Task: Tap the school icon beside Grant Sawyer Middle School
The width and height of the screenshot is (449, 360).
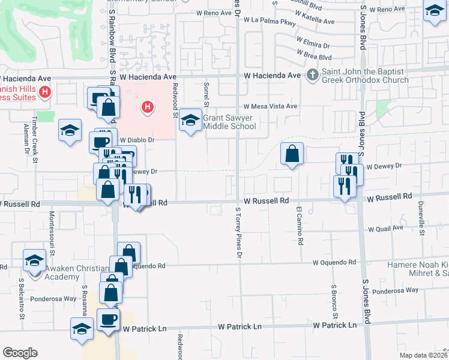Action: (x=191, y=121)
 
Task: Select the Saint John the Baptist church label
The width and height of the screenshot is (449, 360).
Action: (x=365, y=76)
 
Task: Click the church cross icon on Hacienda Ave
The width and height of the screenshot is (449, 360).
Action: (x=312, y=76)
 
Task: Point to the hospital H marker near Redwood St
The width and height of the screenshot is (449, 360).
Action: (x=147, y=107)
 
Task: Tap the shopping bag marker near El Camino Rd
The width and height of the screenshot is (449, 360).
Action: (x=291, y=154)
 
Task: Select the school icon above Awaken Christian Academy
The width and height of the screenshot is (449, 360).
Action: (x=35, y=261)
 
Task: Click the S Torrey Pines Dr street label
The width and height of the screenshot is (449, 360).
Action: (x=238, y=234)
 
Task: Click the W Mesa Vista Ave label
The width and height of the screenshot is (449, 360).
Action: (x=270, y=106)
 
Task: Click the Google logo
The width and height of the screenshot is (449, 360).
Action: (x=20, y=353)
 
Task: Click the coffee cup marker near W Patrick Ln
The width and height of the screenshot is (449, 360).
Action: (x=108, y=319)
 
